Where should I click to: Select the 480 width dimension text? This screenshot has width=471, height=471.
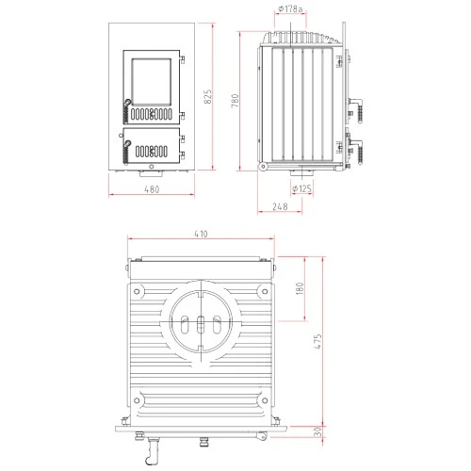coord(151,189)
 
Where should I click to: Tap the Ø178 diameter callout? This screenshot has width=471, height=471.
coord(291,9)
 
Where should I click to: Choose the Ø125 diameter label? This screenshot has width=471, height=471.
coord(302,188)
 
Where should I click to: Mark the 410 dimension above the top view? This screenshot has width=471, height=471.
coord(201,234)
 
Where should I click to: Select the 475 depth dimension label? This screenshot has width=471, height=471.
coord(318,341)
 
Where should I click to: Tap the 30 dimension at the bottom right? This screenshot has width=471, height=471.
coord(318,431)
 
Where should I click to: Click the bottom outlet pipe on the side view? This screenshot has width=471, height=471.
coord(301,174)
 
